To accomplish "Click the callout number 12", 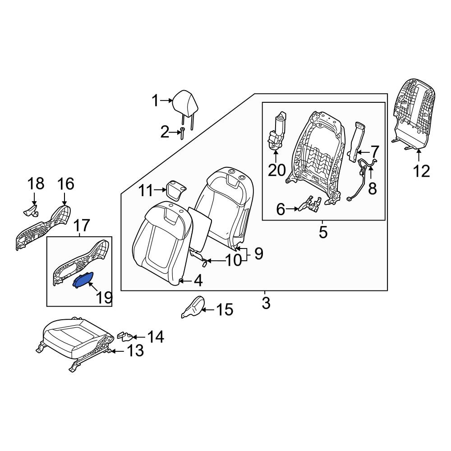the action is pos(421,171).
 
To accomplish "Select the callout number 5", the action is pos(323,232).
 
